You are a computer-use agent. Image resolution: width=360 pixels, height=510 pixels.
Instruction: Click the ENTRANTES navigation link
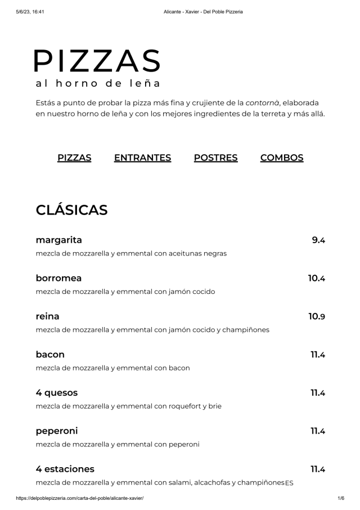[x=142, y=158]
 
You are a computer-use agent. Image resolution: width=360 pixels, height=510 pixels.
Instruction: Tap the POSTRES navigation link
[x=215, y=158]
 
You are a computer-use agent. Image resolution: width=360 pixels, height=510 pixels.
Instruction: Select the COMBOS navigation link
[x=282, y=158]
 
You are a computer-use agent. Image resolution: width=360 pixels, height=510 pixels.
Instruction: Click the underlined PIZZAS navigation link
[x=74, y=158]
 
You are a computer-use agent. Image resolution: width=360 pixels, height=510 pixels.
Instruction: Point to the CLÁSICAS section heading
[x=71, y=210]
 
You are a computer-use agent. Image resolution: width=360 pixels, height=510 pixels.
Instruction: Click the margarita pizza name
[x=59, y=240]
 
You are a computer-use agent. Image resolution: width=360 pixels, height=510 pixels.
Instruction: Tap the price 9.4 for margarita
[x=318, y=240]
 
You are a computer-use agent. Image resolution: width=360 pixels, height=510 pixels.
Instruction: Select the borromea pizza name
[x=58, y=278]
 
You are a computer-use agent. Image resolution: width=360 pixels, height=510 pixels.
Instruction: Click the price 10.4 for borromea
[x=317, y=278]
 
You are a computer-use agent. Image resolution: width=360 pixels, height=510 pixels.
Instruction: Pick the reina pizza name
[x=47, y=316]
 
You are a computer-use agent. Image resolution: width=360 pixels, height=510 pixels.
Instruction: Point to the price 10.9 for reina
[x=317, y=316]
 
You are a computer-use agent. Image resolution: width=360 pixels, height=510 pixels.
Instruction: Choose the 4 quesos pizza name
[x=57, y=392]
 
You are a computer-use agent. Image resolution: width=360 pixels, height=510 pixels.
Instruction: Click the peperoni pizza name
[x=57, y=431]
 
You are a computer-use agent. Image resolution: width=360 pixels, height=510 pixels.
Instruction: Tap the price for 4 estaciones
[x=318, y=469]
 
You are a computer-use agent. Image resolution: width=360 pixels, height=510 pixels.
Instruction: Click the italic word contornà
[x=262, y=102]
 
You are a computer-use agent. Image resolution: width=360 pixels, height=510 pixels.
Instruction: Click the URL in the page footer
[x=80, y=498]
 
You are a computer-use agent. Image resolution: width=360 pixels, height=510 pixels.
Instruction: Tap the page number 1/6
[x=340, y=498]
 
